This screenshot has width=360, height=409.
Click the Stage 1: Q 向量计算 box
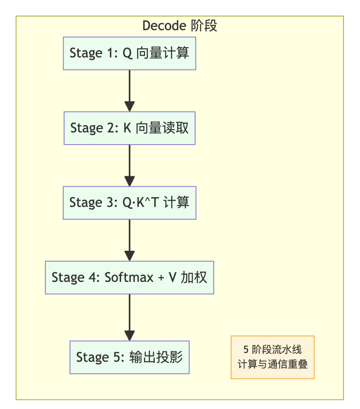click(x=129, y=53)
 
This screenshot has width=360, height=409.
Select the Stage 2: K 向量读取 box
click(x=129, y=128)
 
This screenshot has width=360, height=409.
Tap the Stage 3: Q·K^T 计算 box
click(x=129, y=203)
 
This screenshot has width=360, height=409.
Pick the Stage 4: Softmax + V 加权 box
click(x=129, y=278)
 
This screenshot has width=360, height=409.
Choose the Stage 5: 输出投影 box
click(x=129, y=357)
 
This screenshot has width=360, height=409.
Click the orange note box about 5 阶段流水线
click(x=272, y=357)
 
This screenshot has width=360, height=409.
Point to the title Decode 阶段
click(x=180, y=26)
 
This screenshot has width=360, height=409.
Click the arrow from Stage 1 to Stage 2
click(x=129, y=90)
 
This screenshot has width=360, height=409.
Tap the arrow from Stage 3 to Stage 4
click(x=129, y=240)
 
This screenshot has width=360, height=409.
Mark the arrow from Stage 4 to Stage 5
click(x=129, y=316)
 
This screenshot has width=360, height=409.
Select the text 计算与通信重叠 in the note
click(x=272, y=364)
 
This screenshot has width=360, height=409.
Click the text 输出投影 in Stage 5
click(x=156, y=357)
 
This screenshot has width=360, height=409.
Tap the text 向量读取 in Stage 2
click(x=162, y=128)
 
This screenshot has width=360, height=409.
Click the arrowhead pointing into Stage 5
click(x=129, y=335)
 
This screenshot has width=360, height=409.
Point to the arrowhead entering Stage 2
click(x=129, y=106)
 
